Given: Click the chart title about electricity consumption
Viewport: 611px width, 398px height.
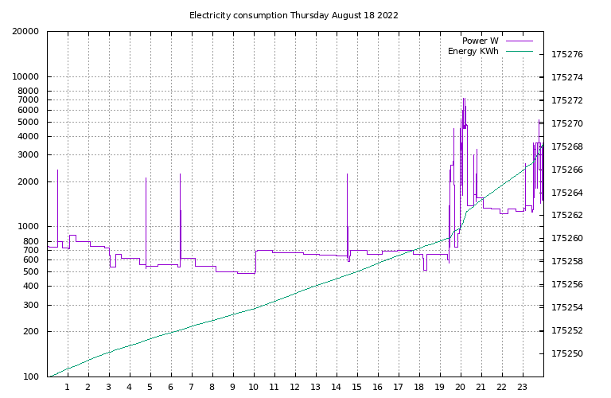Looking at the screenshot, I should click(294, 15).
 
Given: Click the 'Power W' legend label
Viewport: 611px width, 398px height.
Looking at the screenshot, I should click(480, 41).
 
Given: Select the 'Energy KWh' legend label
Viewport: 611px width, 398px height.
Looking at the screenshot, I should click(473, 52).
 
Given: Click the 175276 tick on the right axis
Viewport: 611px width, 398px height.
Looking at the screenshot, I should click(567, 55).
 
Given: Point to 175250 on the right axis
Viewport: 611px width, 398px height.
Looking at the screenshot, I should click(567, 354).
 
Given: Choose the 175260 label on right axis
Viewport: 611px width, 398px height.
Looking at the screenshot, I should click(567, 239).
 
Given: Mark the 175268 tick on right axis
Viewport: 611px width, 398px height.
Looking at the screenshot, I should click(567, 147).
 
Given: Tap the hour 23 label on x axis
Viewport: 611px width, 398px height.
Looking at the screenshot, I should click(522, 388).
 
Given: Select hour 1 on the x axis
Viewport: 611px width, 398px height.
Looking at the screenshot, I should click(68, 388).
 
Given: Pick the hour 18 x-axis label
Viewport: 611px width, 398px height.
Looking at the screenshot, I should click(418, 388).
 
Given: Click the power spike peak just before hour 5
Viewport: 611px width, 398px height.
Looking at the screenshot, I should click(146, 178).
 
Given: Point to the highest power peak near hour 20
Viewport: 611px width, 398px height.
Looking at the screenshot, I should click(464, 99).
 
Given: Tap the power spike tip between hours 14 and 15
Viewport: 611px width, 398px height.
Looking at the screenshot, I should click(347, 174).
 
